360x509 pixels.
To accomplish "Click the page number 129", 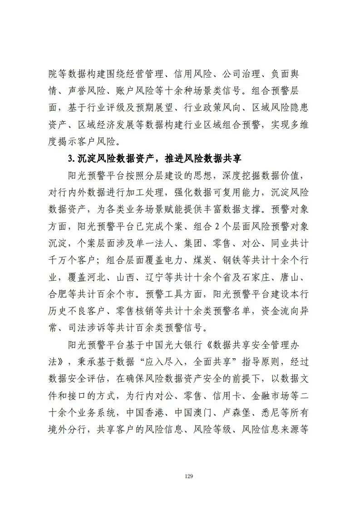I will tap(189, 476).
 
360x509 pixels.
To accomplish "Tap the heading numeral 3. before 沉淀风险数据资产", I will tap(70, 158).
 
